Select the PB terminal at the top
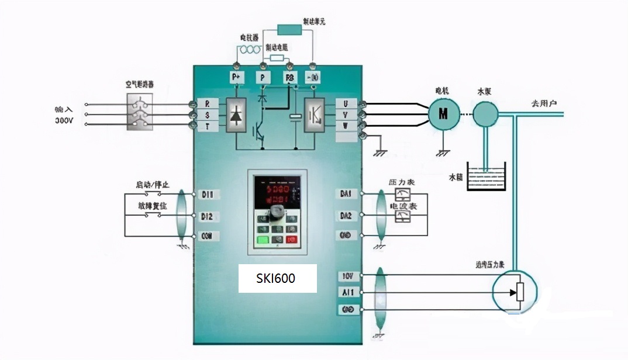pyautogui.click(x=290, y=77)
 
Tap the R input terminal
pyautogui.click(x=207, y=103)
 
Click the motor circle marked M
pyautogui.click(x=443, y=113)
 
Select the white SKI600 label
pyautogui.click(x=277, y=279)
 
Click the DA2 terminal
pyautogui.click(x=346, y=216)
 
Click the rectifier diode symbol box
pyautogui.click(x=236, y=115)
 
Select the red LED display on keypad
pyautogui.click(x=277, y=195)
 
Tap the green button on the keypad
pyautogui.click(x=263, y=240)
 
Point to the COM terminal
pyautogui.click(x=206, y=236)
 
